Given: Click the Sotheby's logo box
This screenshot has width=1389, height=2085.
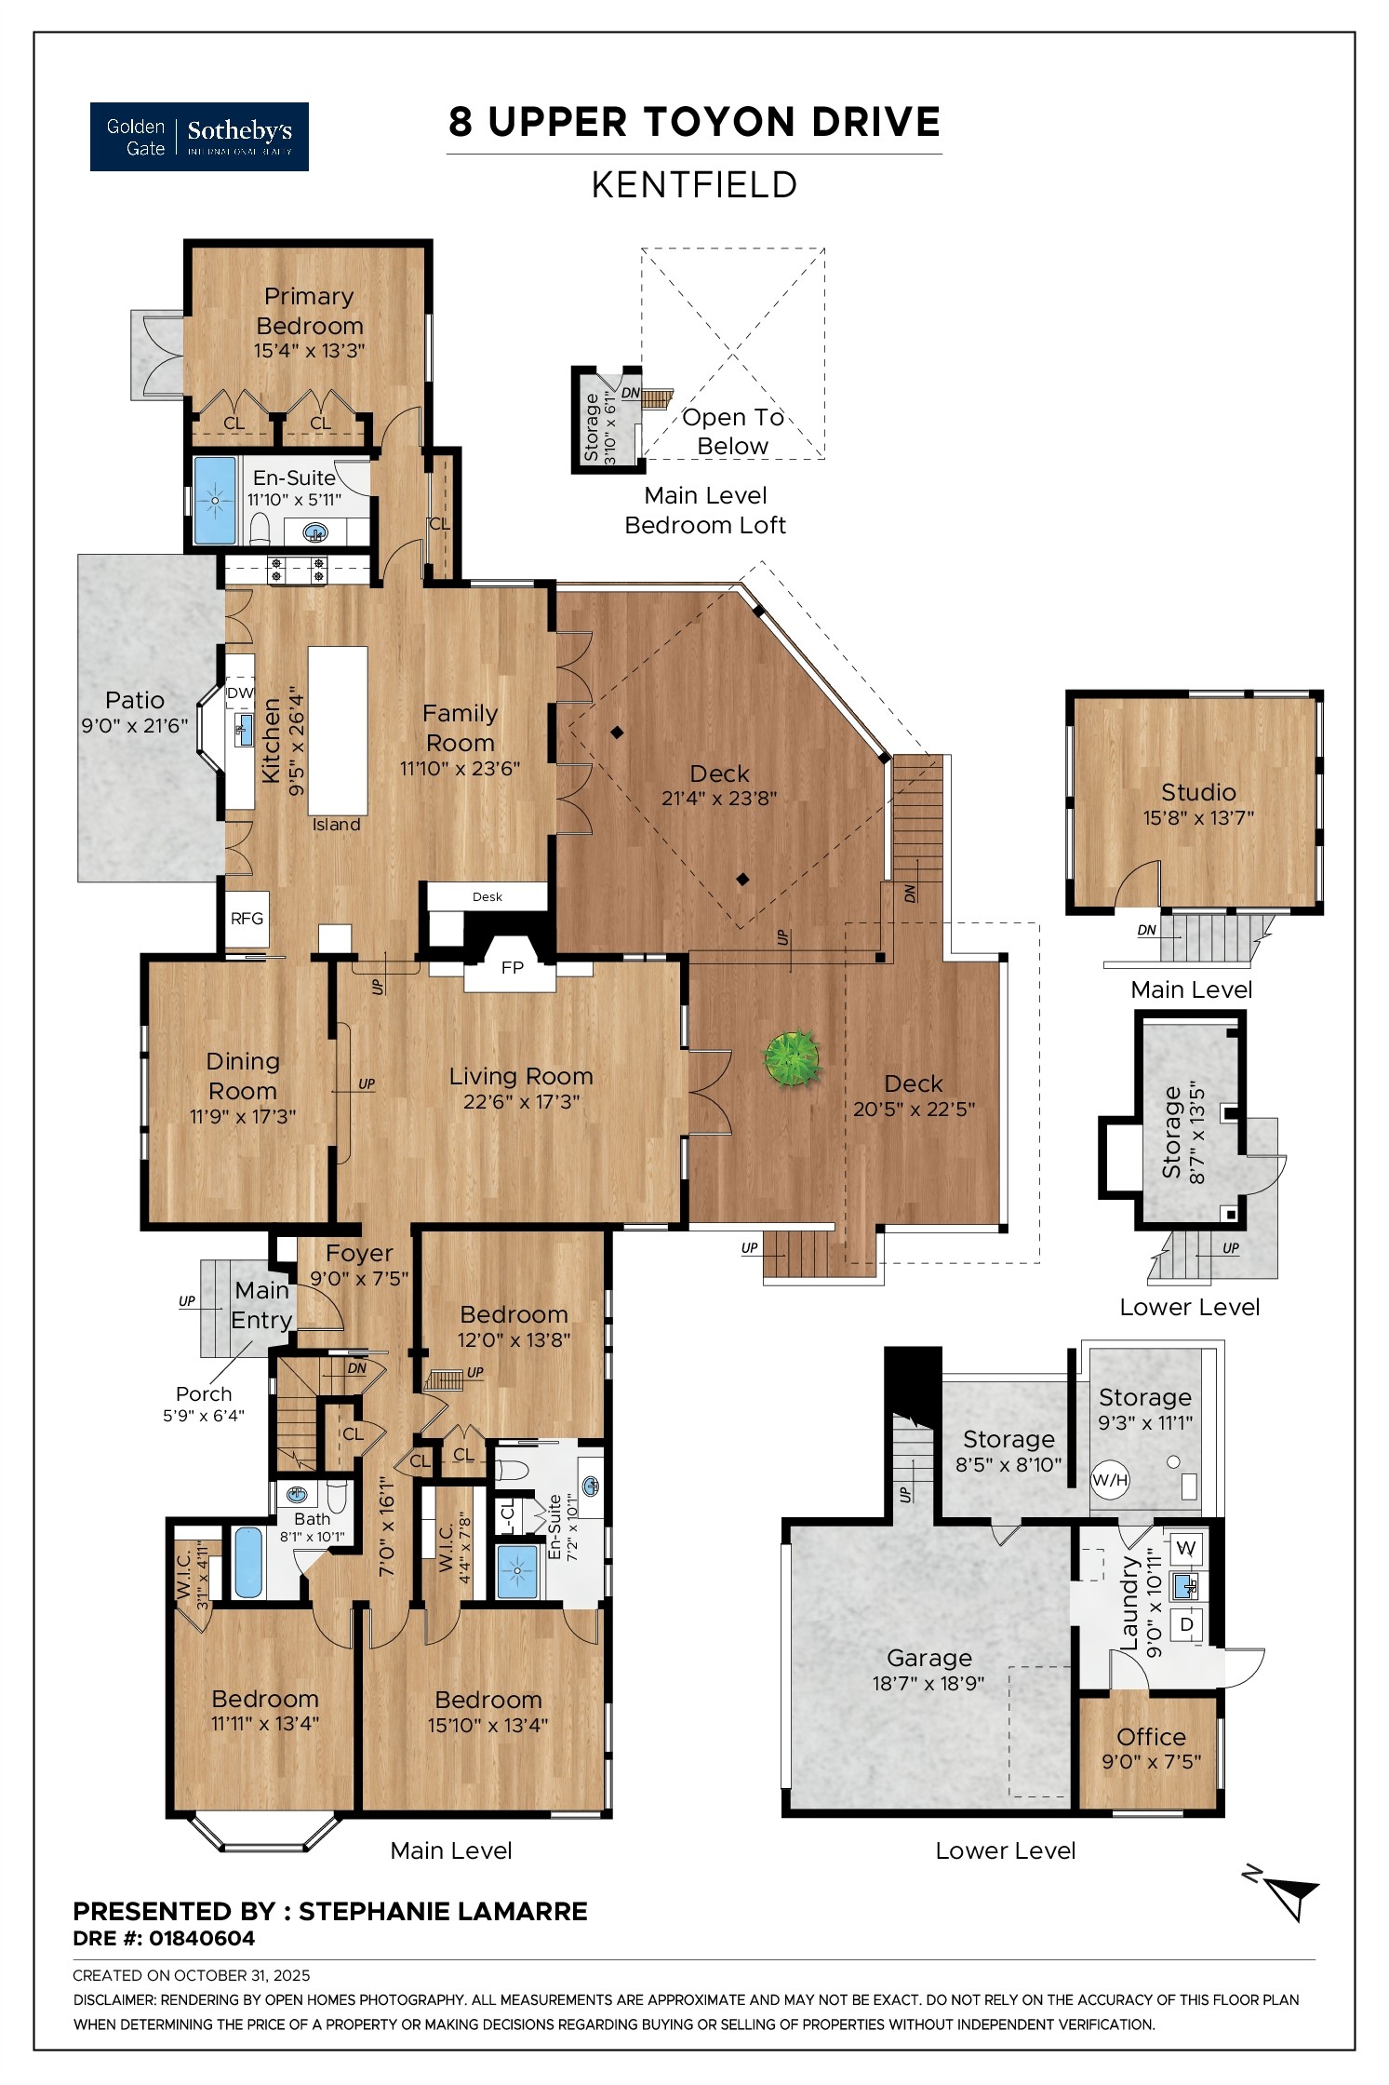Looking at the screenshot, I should coord(199,137).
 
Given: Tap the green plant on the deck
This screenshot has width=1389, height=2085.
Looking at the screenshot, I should coord(792,1057).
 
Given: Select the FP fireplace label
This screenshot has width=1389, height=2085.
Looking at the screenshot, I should coord(512,967).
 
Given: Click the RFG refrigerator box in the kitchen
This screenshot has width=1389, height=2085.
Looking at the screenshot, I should coord(247,918).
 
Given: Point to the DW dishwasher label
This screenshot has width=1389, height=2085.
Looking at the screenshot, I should coord(240,693).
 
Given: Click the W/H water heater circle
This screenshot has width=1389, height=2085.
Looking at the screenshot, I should coord(1109,1479).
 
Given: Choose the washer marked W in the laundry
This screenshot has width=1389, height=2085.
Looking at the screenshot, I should coord(1185,1548).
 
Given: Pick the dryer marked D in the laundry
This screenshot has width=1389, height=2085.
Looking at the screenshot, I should coord(1186,1624).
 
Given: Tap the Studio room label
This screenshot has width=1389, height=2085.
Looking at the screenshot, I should coord(1198,792).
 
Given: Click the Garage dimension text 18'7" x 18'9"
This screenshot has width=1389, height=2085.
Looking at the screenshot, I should coord(928,1683).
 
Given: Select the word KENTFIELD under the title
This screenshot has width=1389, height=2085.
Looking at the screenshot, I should coord(694,184).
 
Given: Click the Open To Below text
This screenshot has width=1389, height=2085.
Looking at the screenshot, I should coord(733,431).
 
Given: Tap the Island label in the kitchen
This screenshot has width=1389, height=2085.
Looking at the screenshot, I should coord(336,825).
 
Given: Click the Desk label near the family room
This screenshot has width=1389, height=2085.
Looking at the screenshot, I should coord(487,896).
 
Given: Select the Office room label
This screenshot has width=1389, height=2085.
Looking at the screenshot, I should coord(1151,1737).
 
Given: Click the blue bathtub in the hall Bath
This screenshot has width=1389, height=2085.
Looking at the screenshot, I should coord(247,1561).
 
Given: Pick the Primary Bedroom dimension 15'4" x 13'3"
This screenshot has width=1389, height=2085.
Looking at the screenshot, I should coord(309,351).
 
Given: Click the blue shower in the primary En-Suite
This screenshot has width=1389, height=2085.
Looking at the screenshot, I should coord(215,500).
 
